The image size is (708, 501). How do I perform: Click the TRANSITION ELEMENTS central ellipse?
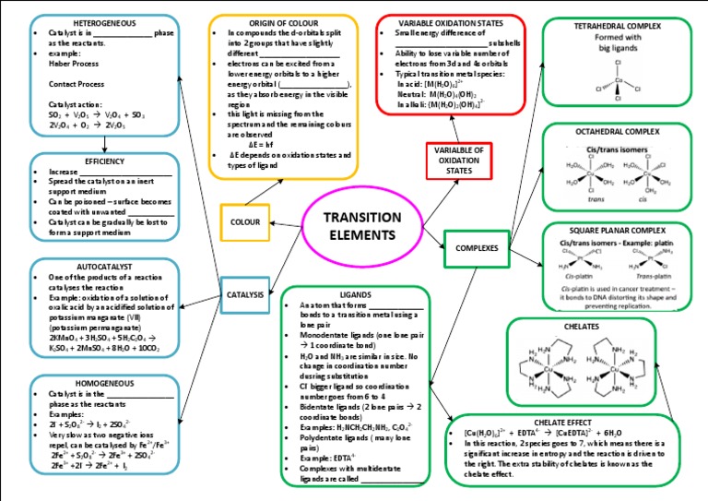(360, 227)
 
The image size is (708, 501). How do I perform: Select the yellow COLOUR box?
(244, 222)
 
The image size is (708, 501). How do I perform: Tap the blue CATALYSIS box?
(245, 294)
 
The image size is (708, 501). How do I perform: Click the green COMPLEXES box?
(477, 247)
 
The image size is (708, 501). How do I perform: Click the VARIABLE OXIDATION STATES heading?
(450, 21)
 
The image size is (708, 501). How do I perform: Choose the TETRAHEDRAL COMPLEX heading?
(617, 26)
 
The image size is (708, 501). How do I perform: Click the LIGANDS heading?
(355, 292)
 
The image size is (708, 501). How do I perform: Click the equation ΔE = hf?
(260, 144)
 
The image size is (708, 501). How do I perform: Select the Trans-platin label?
(654, 275)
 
